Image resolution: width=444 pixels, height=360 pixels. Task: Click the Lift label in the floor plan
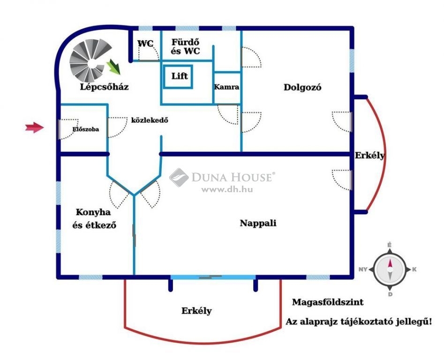tap(180, 76)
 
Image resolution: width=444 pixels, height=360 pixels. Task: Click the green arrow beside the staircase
tap(113, 67)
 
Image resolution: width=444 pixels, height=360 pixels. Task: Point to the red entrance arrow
tap(35, 127)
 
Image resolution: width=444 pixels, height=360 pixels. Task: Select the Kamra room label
tap(226, 87)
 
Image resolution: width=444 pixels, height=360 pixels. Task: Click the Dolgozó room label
tap(302, 87)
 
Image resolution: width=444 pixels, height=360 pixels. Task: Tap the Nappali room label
tap(258, 223)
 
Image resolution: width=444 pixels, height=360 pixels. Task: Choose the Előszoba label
tap(86, 129)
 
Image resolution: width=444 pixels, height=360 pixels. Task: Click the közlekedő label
tap(150, 120)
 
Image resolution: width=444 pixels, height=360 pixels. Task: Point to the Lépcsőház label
tap(104, 86)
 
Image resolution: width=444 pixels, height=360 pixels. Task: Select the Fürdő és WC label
tap(186, 47)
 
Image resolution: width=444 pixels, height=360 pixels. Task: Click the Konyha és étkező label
tap(94, 218)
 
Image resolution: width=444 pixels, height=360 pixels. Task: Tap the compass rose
tap(390, 269)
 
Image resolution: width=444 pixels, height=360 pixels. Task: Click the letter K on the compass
tap(414, 270)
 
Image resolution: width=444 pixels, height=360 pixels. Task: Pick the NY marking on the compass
tap(363, 270)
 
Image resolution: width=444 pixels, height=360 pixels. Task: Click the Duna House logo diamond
tap(179, 178)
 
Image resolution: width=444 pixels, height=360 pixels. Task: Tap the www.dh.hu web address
tap(227, 190)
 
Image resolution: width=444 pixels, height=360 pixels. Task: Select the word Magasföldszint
tap(328, 302)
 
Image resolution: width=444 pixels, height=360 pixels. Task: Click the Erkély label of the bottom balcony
tap(196, 311)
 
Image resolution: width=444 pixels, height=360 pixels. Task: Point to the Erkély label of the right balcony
tap(370, 155)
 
